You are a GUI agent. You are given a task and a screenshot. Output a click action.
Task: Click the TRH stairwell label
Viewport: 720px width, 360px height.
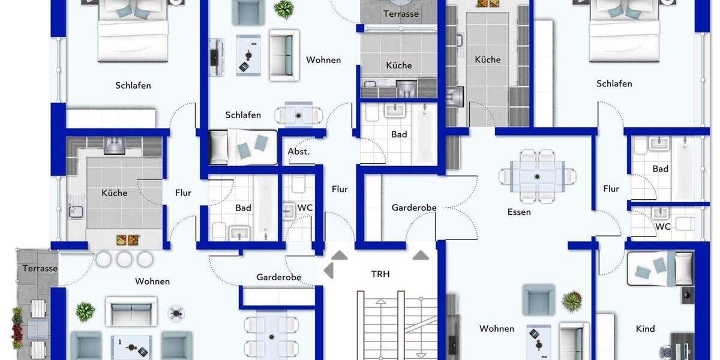(380, 274)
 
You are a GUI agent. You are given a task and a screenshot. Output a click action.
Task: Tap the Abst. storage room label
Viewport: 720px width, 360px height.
(299, 151)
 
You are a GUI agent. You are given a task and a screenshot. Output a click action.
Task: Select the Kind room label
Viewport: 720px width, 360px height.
(646, 329)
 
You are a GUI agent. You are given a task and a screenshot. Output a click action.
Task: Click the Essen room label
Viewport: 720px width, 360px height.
(519, 212)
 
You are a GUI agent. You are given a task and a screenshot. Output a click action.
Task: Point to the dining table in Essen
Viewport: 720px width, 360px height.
(537, 176)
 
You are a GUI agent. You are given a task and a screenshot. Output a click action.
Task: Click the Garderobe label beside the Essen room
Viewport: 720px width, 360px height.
(414, 208)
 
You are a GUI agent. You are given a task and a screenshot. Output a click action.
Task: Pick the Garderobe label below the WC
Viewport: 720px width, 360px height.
(278, 277)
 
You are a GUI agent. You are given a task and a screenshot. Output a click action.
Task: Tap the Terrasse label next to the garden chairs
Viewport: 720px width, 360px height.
(40, 268)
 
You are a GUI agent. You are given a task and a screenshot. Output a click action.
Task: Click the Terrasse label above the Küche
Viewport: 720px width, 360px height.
(401, 13)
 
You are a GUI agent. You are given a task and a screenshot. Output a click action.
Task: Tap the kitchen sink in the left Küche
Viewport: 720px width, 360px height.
(76, 211)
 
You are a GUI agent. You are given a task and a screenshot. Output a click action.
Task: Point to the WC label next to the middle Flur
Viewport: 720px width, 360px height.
(305, 208)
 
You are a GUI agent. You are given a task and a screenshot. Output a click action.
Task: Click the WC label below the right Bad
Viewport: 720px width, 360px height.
(663, 227)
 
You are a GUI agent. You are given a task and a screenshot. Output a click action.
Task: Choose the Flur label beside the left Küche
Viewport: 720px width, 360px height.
(183, 193)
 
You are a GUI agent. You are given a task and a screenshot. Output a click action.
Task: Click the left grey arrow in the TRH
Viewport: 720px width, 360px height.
(329, 271)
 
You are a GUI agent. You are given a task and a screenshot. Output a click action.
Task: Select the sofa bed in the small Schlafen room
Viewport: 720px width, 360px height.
(242, 147)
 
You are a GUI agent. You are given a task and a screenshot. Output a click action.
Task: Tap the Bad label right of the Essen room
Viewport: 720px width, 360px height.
(661, 169)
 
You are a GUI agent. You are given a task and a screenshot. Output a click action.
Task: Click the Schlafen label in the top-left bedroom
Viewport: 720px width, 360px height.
(133, 85)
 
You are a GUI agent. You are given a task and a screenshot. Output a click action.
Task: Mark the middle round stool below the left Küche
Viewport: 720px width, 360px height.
(124, 259)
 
